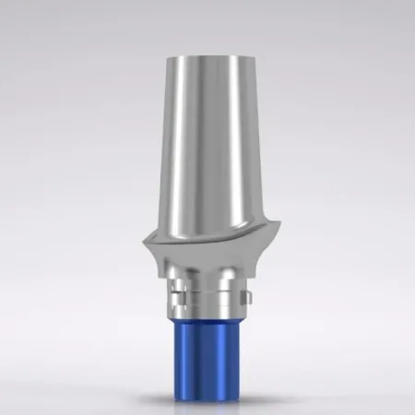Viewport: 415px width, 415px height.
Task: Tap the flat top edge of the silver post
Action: pyautogui.click(x=207, y=43)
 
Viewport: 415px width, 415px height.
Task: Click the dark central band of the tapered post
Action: pyautogui.click(x=210, y=138)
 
